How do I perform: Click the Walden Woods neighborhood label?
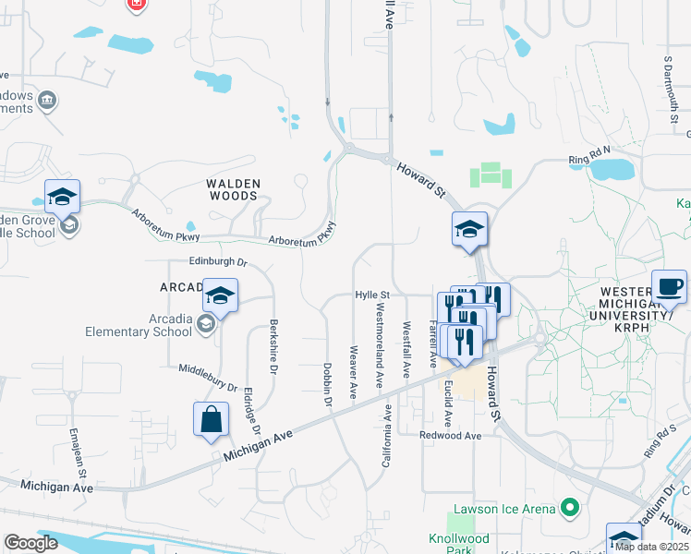[x=233, y=189]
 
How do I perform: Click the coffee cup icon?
[x=669, y=285]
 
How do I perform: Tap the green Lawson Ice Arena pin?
[x=570, y=507]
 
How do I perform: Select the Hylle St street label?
[x=374, y=295]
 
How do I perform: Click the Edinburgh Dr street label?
[x=219, y=261]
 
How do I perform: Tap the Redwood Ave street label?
[x=451, y=435]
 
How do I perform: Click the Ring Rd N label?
[x=591, y=152]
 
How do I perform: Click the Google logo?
[x=30, y=543]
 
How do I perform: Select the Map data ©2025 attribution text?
[x=650, y=547]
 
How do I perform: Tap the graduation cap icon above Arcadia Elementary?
[x=221, y=295]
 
